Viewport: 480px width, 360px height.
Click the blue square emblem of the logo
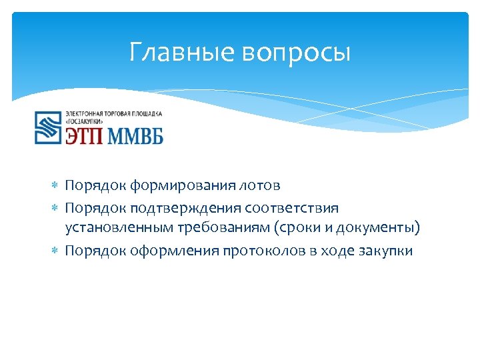(x=48, y=127)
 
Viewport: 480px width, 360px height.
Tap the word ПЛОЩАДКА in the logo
(x=145, y=114)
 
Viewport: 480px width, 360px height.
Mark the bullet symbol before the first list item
(x=56, y=185)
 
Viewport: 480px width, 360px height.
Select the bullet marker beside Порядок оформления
(x=56, y=251)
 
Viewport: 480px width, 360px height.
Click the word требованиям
(x=222, y=229)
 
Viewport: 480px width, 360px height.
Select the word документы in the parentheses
(x=377, y=229)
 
